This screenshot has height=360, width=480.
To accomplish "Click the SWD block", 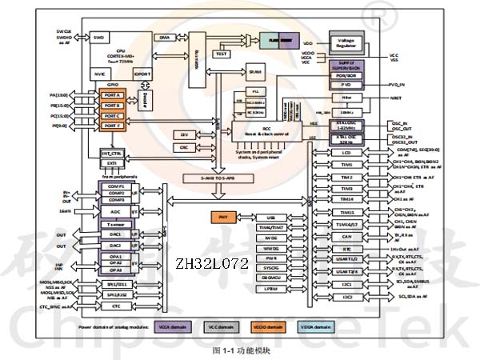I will click(x=99, y=37).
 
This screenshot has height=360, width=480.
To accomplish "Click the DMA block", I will click(x=163, y=37).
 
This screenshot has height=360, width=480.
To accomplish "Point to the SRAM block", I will click(x=254, y=72).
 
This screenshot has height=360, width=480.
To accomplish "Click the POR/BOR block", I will click(x=346, y=75).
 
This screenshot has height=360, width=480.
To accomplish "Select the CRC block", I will click(x=184, y=147).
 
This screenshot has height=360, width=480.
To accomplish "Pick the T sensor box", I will click(x=115, y=226).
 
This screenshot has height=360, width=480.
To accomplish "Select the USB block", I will click(x=270, y=218).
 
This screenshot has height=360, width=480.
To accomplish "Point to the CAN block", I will click(x=346, y=237).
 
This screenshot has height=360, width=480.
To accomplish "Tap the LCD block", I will click(x=346, y=152).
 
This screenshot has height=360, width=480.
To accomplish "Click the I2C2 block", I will click(x=346, y=297).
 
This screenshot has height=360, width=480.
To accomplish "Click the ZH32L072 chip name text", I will click(x=202, y=262).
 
